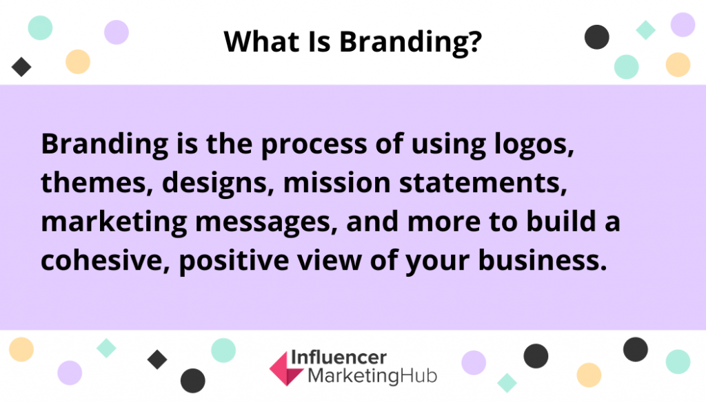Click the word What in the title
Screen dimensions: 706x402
[x=262, y=41]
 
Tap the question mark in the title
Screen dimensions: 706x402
[x=474, y=41]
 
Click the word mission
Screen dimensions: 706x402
[x=336, y=183]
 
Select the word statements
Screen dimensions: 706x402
[x=483, y=183]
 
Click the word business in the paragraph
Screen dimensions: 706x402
[x=543, y=261]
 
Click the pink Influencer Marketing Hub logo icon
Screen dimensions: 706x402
[x=286, y=369]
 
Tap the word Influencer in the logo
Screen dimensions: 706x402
[x=339, y=358]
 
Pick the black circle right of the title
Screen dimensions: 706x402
[x=596, y=37]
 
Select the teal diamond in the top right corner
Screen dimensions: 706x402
[x=645, y=30]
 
